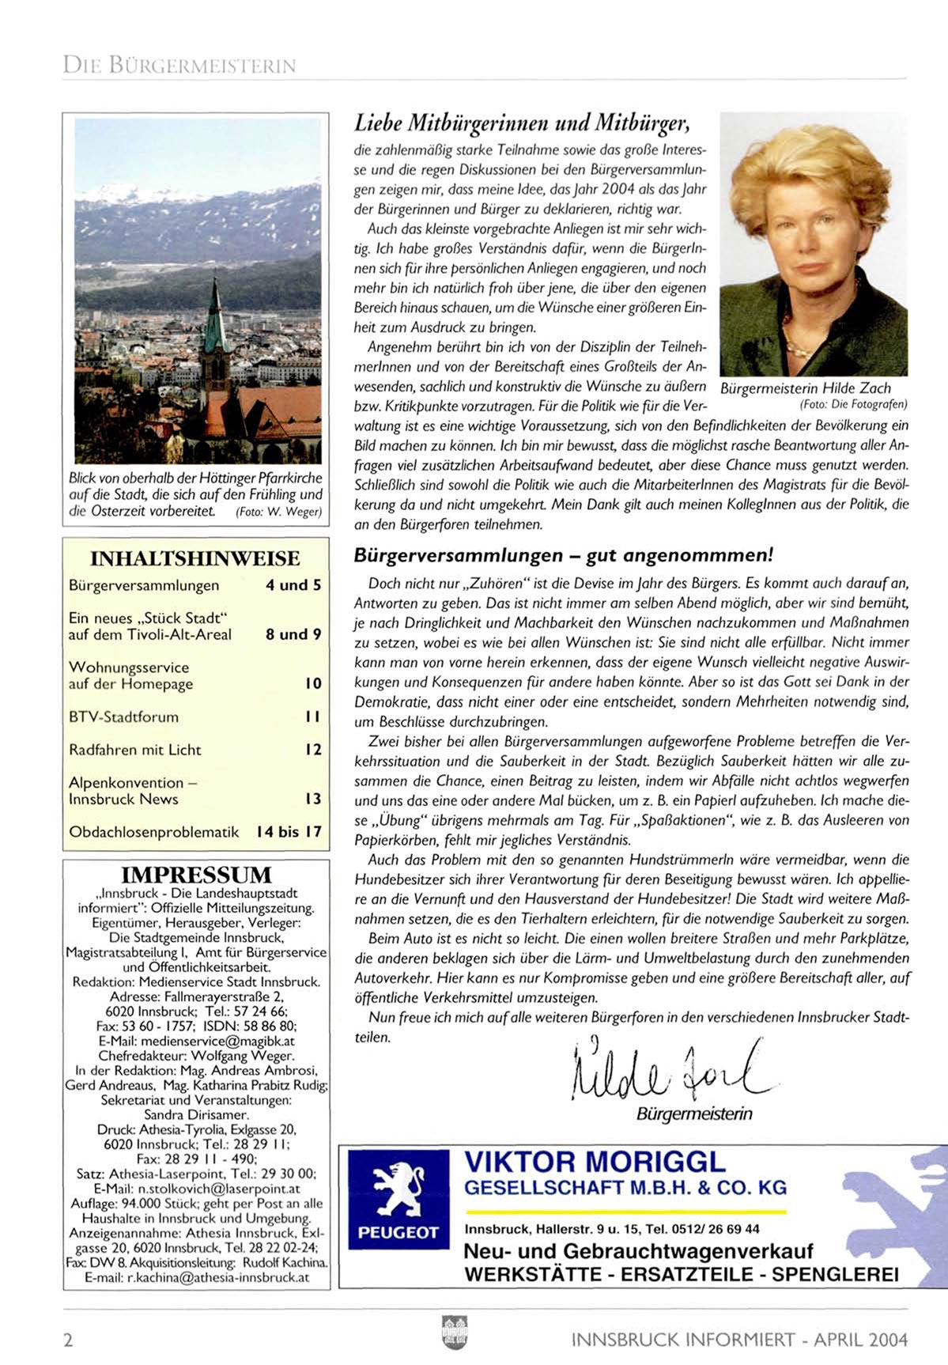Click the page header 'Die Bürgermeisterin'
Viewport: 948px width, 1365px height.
click(x=179, y=65)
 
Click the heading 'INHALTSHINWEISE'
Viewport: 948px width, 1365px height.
click(x=195, y=558)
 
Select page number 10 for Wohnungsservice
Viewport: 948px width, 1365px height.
click(x=314, y=683)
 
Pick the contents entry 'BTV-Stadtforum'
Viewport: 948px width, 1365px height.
click(x=124, y=717)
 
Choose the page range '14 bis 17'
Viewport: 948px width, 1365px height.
click(x=289, y=832)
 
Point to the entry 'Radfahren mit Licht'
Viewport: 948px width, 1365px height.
click(x=135, y=750)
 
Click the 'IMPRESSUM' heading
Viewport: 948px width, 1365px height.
click(x=196, y=875)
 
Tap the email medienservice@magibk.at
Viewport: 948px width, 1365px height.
click(x=196, y=1041)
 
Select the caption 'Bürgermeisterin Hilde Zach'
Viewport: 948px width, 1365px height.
click(x=806, y=388)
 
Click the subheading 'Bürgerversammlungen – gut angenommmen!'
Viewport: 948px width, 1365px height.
click(x=562, y=555)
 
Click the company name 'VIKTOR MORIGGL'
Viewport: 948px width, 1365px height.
click(x=595, y=1162)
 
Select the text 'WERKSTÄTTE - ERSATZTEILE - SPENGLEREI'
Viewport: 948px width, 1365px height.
click(x=681, y=1274)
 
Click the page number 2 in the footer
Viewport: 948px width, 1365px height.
click(x=68, y=1340)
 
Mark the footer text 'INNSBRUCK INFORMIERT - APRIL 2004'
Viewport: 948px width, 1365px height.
click(x=738, y=1340)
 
